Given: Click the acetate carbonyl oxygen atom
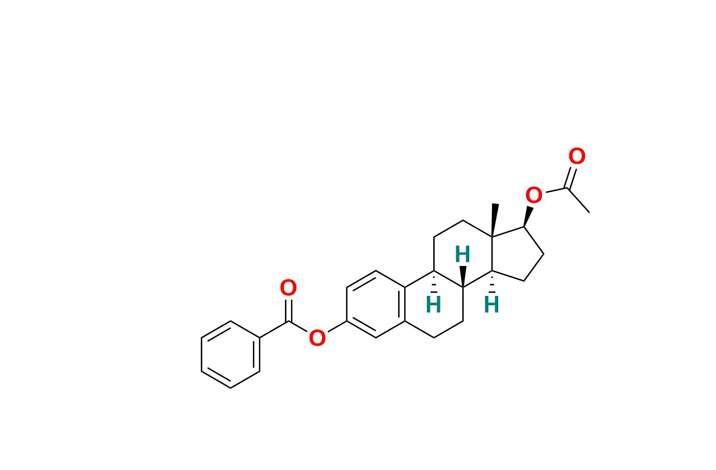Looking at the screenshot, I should click(x=577, y=156).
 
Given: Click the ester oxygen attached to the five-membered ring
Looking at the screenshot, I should click(x=534, y=196).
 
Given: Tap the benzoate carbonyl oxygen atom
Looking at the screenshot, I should click(x=288, y=288).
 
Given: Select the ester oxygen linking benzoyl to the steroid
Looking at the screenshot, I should click(x=317, y=339).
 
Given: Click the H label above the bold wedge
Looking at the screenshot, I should click(x=463, y=255).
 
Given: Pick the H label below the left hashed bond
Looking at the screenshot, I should click(x=434, y=305).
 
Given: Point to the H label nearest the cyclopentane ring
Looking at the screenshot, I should click(x=491, y=305).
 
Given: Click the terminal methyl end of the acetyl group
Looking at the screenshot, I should click(x=589, y=212).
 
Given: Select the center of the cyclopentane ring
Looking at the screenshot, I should click(x=514, y=254).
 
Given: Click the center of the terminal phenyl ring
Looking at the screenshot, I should click(x=230, y=354).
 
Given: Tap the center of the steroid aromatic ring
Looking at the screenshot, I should click(x=376, y=304).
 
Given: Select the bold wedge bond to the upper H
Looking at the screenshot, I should click(x=463, y=276).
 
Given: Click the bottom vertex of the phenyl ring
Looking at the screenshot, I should click(x=230, y=388).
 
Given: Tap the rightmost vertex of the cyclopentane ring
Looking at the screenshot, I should click(x=544, y=254).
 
